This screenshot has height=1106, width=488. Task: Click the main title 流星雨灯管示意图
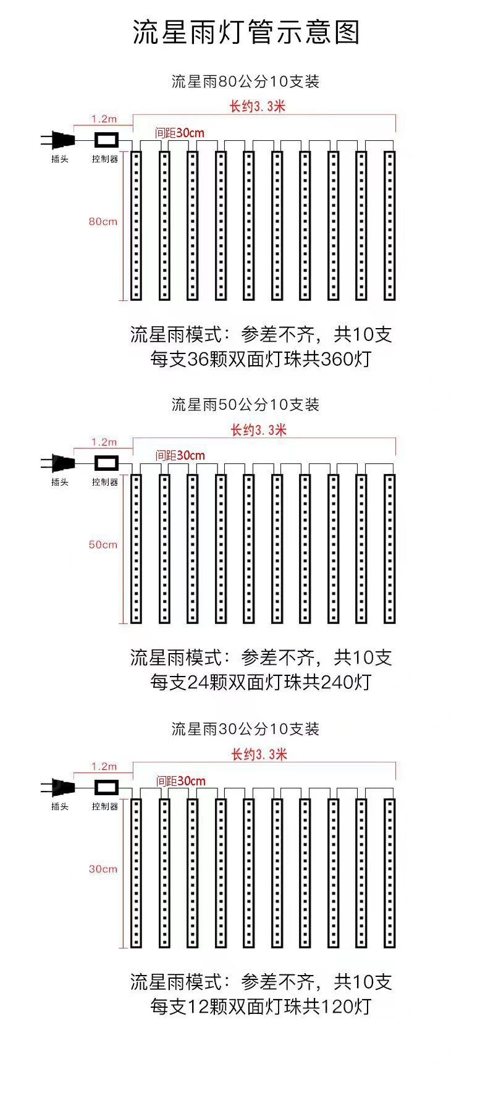click(246, 33)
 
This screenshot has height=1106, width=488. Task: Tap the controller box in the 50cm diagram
click(106, 462)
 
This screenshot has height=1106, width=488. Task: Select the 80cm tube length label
click(103, 221)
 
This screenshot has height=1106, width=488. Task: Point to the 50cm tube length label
click(103, 544)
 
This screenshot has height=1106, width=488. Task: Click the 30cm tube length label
click(103, 869)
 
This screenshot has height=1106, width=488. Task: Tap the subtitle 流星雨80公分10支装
click(245, 82)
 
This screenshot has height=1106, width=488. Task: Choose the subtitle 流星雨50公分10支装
click(245, 405)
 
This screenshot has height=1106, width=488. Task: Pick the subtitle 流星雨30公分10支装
click(245, 729)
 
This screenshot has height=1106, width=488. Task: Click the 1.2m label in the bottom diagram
click(104, 766)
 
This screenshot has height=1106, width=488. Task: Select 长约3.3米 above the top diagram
click(258, 106)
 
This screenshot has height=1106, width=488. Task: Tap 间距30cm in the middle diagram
click(180, 455)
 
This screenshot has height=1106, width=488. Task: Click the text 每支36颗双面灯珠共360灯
click(261, 359)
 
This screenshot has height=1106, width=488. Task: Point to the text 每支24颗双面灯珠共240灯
click(261, 682)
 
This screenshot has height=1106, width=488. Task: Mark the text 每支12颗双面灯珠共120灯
click(261, 1007)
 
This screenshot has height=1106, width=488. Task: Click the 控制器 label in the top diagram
click(105, 159)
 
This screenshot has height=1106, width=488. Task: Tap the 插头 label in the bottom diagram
click(60, 806)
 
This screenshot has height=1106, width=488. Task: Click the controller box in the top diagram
click(106, 139)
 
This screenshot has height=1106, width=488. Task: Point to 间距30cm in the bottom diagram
click(180, 781)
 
